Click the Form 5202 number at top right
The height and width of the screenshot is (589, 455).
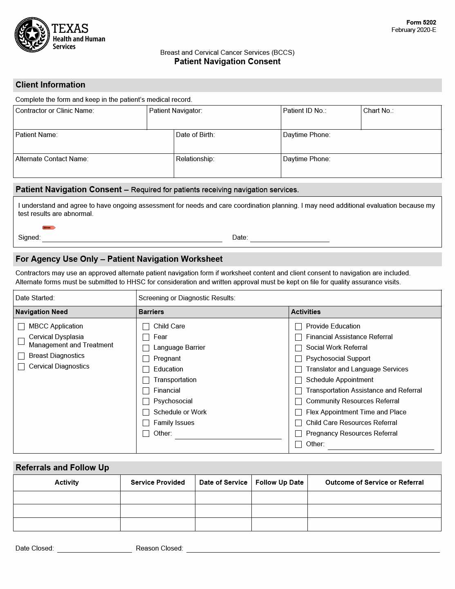[421, 22]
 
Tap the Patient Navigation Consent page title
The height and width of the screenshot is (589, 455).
[227, 61]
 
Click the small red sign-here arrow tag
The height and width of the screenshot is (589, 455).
[49, 227]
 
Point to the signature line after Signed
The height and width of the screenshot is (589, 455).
[132, 238]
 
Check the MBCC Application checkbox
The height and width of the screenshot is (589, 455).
[21, 327]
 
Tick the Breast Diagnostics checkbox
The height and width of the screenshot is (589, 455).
[21, 356]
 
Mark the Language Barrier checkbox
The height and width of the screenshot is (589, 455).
[146, 348]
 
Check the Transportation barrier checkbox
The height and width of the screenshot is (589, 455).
[146, 380]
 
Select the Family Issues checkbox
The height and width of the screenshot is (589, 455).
[146, 423]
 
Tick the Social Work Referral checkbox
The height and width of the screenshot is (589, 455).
[298, 348]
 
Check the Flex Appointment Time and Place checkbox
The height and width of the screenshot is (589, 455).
[298, 412]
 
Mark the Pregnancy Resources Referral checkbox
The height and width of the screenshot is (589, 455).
[298, 434]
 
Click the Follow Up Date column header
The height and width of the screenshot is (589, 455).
[280, 483]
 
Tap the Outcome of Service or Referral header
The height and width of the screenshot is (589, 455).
[374, 483]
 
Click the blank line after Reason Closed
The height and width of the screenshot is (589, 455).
[313, 549]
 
